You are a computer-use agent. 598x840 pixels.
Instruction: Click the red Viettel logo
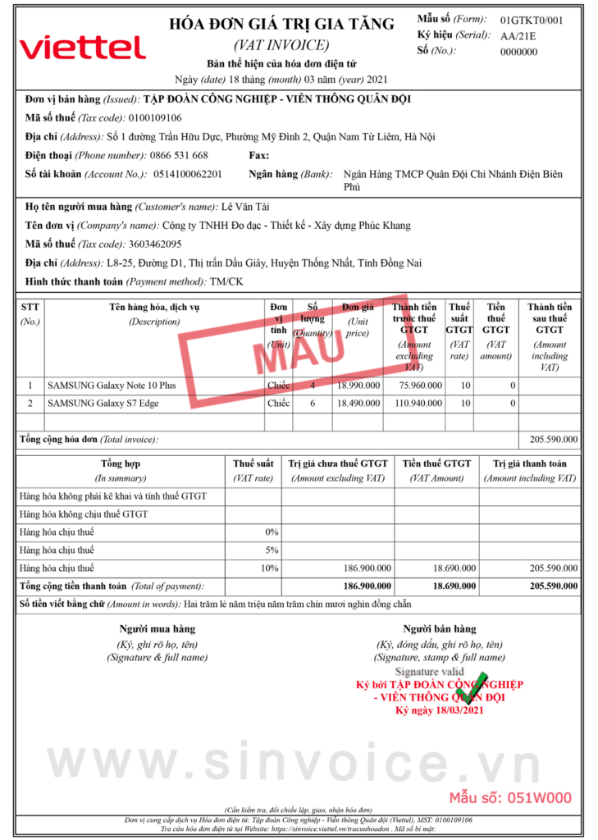[82, 47]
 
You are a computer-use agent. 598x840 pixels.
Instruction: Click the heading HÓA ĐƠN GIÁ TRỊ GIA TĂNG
[281, 25]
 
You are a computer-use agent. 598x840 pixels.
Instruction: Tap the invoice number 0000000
[518, 52]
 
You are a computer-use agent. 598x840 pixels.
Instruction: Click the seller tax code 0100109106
[155, 118]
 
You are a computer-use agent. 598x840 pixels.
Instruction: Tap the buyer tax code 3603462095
[155, 244]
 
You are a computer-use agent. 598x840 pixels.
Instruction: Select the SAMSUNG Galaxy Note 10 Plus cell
[112, 385]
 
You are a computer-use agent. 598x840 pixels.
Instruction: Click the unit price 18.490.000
[358, 404]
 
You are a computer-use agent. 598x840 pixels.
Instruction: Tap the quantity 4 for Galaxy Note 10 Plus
[313, 385]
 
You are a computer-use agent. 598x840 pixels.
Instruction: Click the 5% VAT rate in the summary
[270, 550]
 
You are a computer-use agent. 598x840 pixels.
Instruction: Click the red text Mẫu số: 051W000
[509, 797]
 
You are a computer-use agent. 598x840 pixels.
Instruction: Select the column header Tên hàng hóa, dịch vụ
[154, 308]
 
